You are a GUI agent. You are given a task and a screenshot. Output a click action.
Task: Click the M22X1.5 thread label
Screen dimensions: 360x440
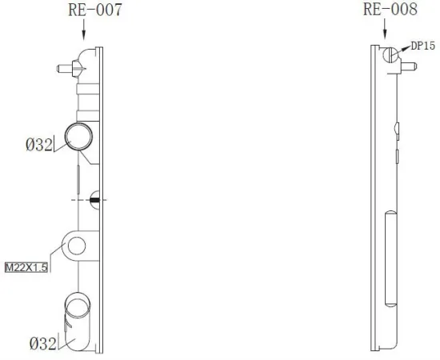26,268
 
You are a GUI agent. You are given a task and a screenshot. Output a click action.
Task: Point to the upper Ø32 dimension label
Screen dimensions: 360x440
38,145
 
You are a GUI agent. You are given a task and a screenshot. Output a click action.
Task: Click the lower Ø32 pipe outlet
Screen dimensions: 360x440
78,309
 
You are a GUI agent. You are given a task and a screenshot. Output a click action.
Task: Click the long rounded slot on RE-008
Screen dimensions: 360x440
391,258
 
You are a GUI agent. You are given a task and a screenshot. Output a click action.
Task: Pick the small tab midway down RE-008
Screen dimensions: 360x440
398,128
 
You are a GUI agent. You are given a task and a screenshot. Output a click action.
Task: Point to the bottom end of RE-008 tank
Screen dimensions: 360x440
386,348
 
